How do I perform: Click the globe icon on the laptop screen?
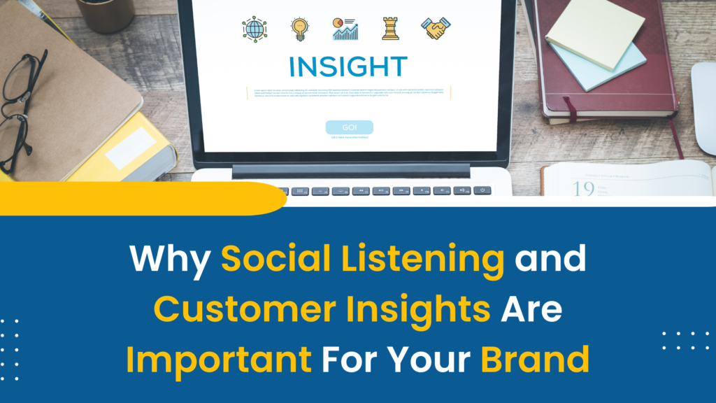pos(255,29)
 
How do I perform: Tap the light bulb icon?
pos(299,29)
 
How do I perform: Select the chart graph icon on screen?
pos(345,29)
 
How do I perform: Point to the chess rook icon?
pos(390,28)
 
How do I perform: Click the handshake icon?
pos(436,28)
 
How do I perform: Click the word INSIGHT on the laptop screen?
pos(348,66)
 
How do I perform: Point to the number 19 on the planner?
pos(583,188)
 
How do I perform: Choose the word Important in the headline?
pos(219,359)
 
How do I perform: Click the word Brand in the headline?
pos(535,359)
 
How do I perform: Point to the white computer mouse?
pos(705,105)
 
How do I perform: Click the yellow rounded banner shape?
pos(140,199)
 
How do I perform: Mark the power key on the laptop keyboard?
pos(482,190)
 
